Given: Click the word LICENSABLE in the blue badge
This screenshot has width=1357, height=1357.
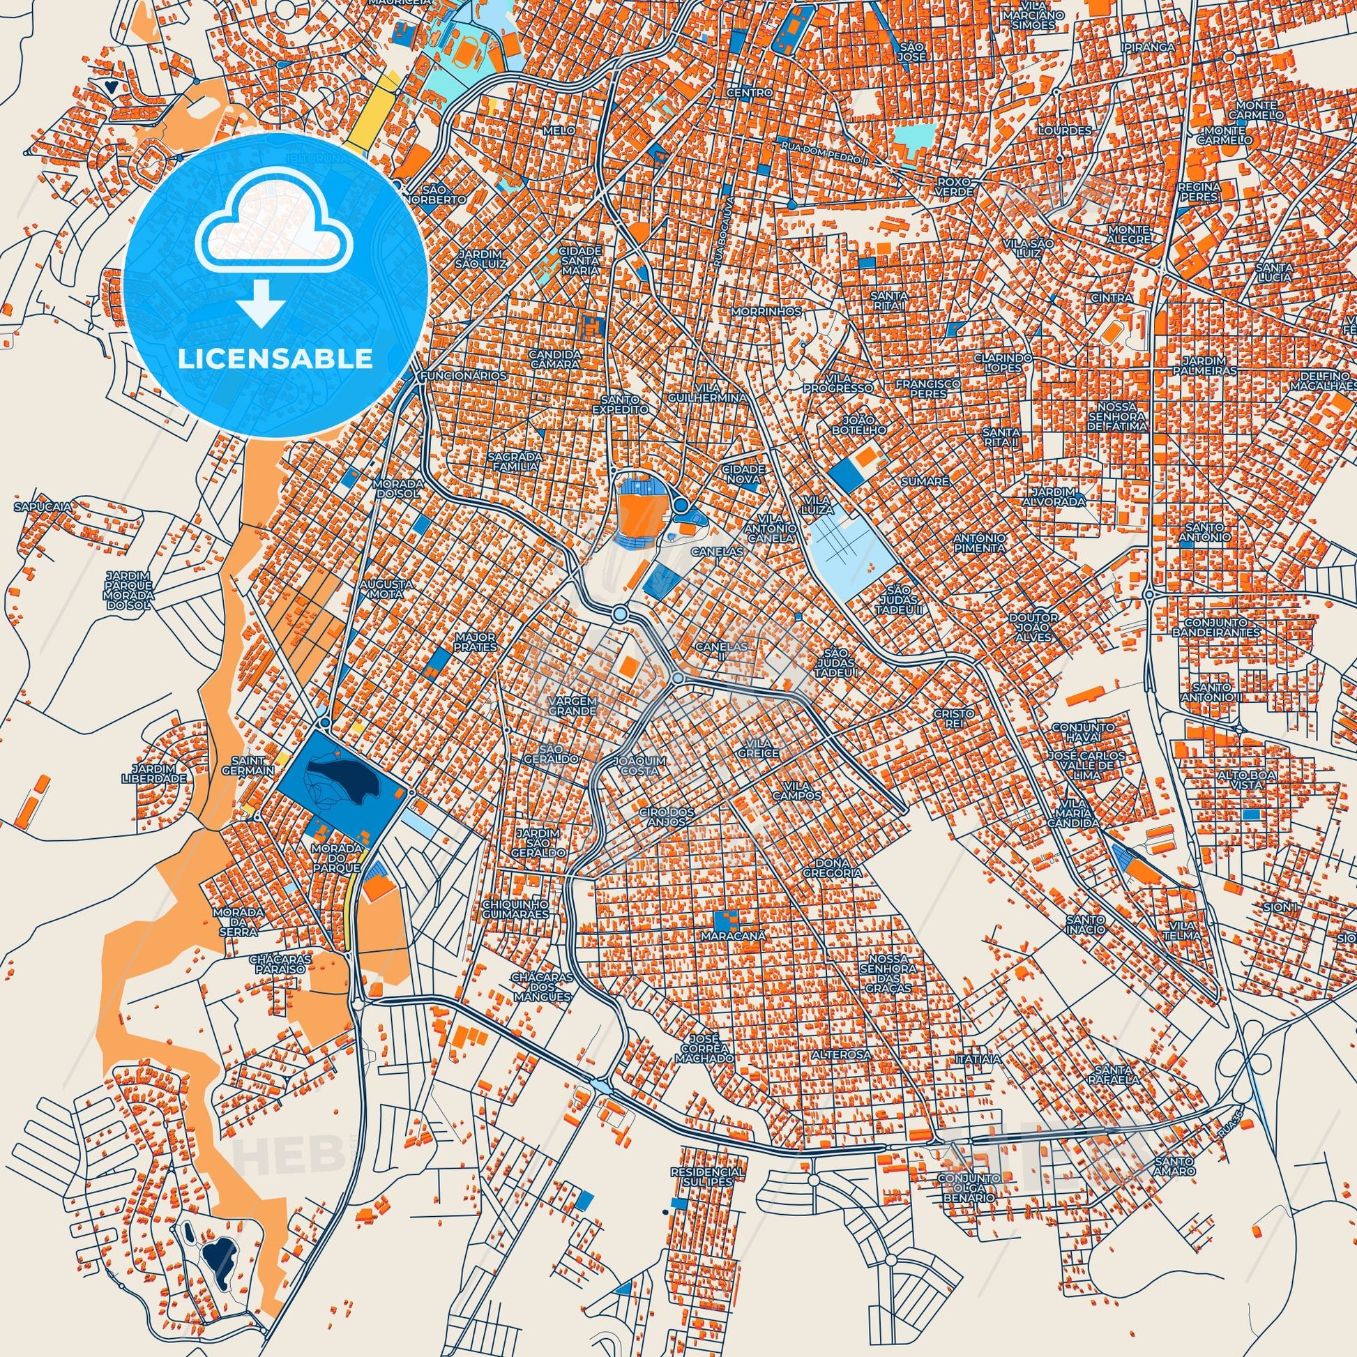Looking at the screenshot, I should point(275,359).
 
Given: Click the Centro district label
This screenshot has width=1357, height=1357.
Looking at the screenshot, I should point(750,92).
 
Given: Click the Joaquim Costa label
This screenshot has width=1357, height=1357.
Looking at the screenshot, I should point(636,766).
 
